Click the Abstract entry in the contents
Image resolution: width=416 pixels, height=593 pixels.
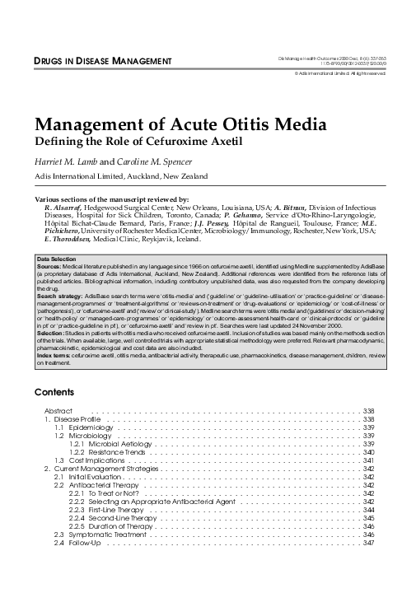pos(58,410)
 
